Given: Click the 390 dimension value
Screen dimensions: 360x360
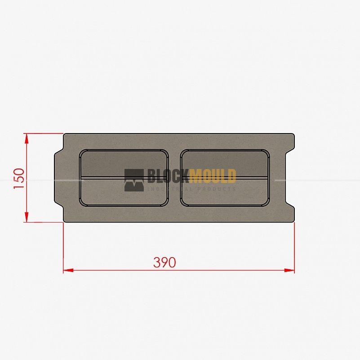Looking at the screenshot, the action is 164,262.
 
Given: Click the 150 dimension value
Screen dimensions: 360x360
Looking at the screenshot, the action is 19,178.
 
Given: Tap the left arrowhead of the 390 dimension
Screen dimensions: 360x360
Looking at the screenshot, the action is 68,270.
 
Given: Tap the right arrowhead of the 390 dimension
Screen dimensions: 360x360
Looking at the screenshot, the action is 289,270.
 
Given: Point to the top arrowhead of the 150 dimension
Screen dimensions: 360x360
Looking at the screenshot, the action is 27,139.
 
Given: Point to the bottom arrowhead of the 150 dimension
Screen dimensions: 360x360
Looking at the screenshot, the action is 27,217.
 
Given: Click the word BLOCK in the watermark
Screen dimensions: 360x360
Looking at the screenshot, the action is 168,176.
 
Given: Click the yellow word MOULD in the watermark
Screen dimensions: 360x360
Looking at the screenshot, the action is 213,176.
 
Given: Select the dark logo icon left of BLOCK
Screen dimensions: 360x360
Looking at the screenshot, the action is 134,180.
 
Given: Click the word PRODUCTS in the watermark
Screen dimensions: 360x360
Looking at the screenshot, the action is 217,189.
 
